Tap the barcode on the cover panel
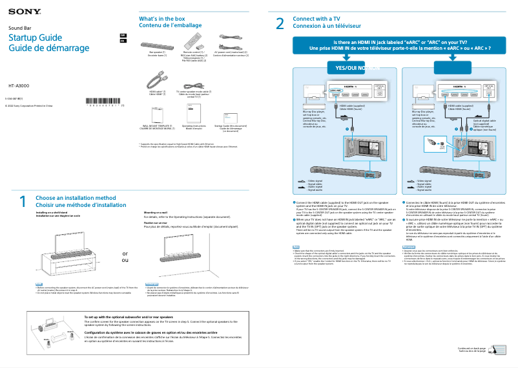(103, 101)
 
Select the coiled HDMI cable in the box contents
(155, 81)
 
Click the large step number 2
(279, 24)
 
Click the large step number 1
(22, 202)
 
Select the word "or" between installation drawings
(125, 254)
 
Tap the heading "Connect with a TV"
(316, 19)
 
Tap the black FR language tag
(123, 40)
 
